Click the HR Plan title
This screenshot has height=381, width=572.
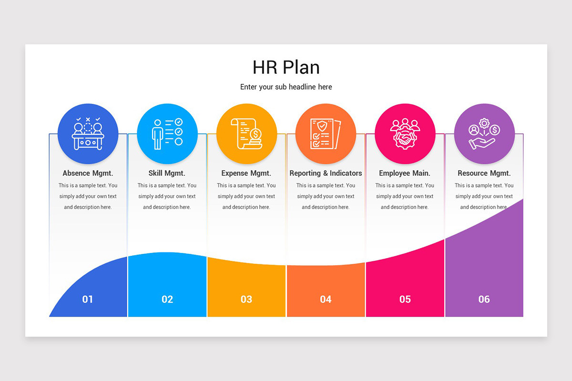pos(286,67)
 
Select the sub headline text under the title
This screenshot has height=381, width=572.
pos(286,87)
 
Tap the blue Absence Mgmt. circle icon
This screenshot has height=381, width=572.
pos(88,134)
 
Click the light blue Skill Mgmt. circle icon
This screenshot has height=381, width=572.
pos(167,134)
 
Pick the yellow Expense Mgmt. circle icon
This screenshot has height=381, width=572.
pos(246,134)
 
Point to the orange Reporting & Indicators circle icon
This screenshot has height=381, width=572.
pos(326,134)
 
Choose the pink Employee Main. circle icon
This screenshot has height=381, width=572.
pos(405,134)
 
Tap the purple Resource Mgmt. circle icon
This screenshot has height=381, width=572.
pos(484,134)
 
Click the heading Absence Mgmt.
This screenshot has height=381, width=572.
pos(88,173)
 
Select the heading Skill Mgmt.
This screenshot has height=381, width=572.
pos(167,173)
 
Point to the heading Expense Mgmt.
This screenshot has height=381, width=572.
pos(246,173)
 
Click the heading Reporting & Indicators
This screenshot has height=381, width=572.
pos(326,173)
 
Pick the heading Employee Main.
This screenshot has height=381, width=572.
pos(405,173)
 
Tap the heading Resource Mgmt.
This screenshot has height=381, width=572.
pos(484,173)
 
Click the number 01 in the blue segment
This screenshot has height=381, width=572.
pos(88,299)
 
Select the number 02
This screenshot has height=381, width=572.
pos(167,299)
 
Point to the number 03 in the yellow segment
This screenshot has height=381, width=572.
pos(246,299)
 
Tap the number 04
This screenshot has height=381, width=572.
pos(326,299)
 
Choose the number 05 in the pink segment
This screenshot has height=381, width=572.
pos(405,299)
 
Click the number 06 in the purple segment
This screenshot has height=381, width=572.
pos(484,299)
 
